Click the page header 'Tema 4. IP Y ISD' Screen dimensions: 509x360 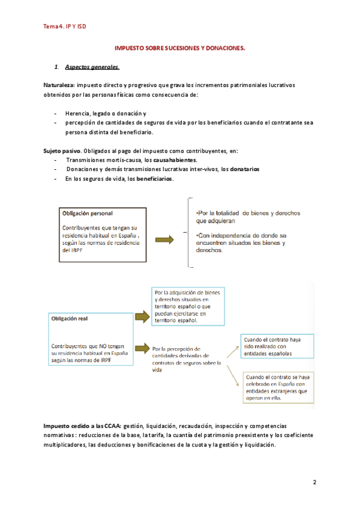pos(65,26)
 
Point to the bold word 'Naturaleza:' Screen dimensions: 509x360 pos(59,85)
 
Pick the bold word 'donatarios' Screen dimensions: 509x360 pos(240,169)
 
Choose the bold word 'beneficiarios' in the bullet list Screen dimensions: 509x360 pos(155,179)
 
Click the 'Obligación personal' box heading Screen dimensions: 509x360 pos(87,213)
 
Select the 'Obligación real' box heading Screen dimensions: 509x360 pos(70,319)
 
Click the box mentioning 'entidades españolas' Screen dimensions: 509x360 pos(275,346)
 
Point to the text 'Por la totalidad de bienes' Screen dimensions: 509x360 pos(247,213)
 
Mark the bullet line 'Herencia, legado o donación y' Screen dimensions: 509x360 pos(106,113)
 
